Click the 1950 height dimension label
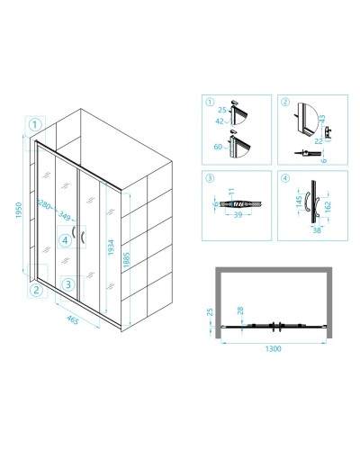(x=19, y=210)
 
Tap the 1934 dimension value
(x=111, y=247)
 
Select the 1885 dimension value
(x=127, y=260)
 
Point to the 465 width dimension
(x=72, y=319)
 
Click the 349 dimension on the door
(x=64, y=215)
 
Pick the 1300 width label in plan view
(x=274, y=348)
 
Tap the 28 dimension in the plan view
(x=240, y=311)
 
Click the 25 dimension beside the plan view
(x=210, y=312)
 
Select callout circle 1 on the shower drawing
(x=35, y=124)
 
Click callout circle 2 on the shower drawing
(x=36, y=290)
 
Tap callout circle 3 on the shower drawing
(x=68, y=284)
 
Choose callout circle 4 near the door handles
(x=65, y=240)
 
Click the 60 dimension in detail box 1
(x=218, y=147)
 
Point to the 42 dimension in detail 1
(x=220, y=121)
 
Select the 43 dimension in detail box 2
(x=322, y=119)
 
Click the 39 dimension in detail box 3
(x=238, y=215)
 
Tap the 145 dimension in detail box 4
(x=299, y=202)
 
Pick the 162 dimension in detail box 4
(x=328, y=207)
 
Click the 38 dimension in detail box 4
(x=317, y=230)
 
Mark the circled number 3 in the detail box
(x=210, y=178)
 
